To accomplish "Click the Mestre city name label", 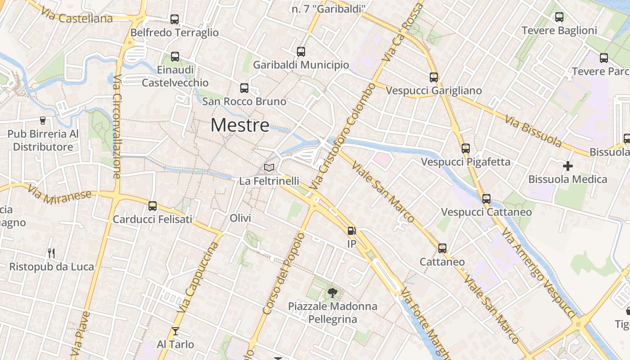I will (x=240, y=125).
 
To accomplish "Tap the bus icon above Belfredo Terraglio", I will (x=175, y=19).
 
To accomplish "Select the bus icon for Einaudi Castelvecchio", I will (x=175, y=57).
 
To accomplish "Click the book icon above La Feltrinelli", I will (x=269, y=168).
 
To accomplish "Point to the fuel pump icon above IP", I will (x=351, y=231).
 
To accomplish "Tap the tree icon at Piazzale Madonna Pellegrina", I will (x=333, y=293).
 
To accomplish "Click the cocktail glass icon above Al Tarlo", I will (x=175, y=332).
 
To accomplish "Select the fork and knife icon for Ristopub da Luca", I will (x=51, y=253).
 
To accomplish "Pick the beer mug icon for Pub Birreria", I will (x=43, y=120).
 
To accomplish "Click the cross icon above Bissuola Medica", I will (x=568, y=166).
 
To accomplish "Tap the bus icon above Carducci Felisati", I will (x=153, y=206).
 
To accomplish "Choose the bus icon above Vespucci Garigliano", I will (x=434, y=77).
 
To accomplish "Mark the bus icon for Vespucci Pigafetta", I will (x=466, y=148).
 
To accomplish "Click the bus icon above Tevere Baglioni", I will (x=559, y=17).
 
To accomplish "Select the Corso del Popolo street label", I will (x=283, y=273).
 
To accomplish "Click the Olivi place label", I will (x=240, y=218).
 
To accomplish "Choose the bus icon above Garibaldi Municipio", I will (x=301, y=52).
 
